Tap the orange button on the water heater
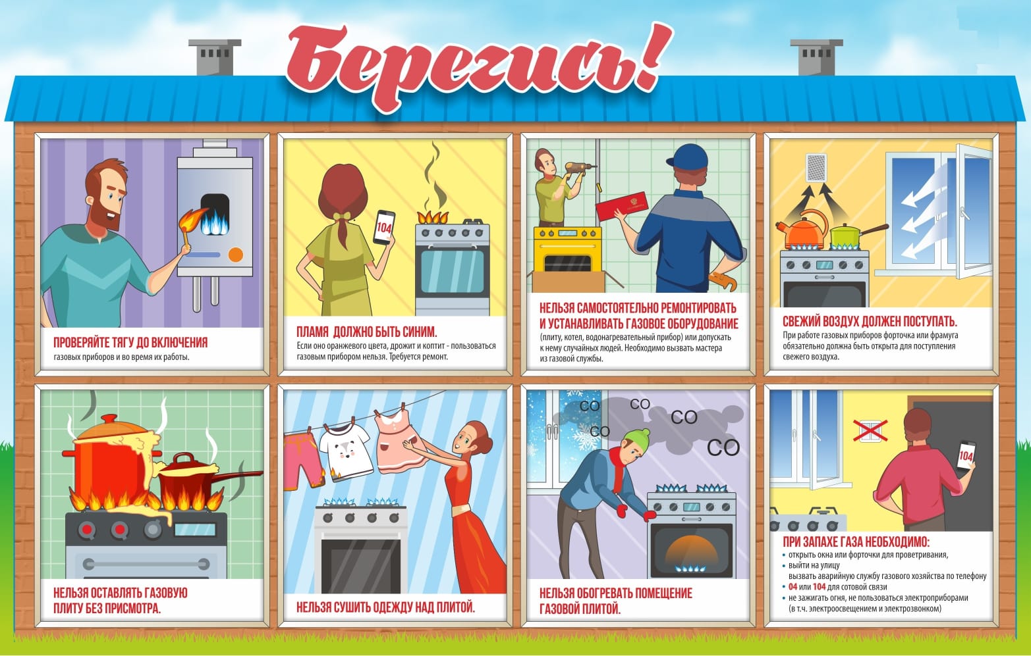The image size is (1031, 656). [x=236, y=255]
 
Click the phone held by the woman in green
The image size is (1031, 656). [x=383, y=228]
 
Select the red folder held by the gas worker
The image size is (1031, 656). [x=622, y=205]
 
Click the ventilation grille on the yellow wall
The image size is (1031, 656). [x=816, y=167]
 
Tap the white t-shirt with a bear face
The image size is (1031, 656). [x=345, y=451]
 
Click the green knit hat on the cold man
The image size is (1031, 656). [x=637, y=439]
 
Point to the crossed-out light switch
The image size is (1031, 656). [x=870, y=431]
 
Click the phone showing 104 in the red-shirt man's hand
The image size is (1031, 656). [x=966, y=455]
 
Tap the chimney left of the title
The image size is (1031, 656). [x=215, y=57]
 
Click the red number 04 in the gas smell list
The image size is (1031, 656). [x=793, y=587]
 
